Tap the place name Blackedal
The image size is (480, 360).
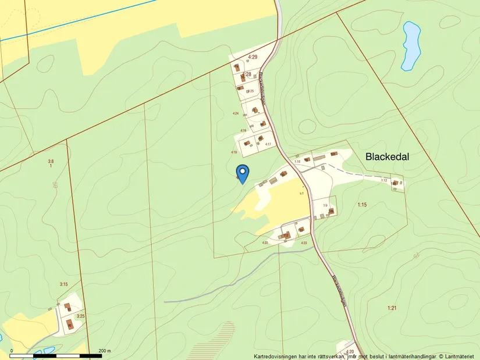(387, 156)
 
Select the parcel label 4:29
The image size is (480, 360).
(253, 56)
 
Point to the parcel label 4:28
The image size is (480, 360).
(247, 74)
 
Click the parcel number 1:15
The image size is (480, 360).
(362, 204)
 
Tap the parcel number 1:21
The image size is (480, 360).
(391, 308)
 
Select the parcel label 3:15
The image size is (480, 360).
(64, 284)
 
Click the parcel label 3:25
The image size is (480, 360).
(80, 316)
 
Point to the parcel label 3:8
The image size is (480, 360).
(51, 161)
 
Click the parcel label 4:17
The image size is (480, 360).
(268, 144)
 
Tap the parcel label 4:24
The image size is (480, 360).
(236, 113)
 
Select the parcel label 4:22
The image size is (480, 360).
(265, 243)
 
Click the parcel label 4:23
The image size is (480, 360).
(304, 242)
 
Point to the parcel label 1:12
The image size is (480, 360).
(384, 180)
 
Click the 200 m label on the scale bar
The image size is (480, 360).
(105, 351)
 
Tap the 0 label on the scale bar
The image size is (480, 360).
(12, 351)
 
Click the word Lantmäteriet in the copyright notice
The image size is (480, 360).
(461, 356)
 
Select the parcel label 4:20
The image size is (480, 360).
(350, 351)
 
